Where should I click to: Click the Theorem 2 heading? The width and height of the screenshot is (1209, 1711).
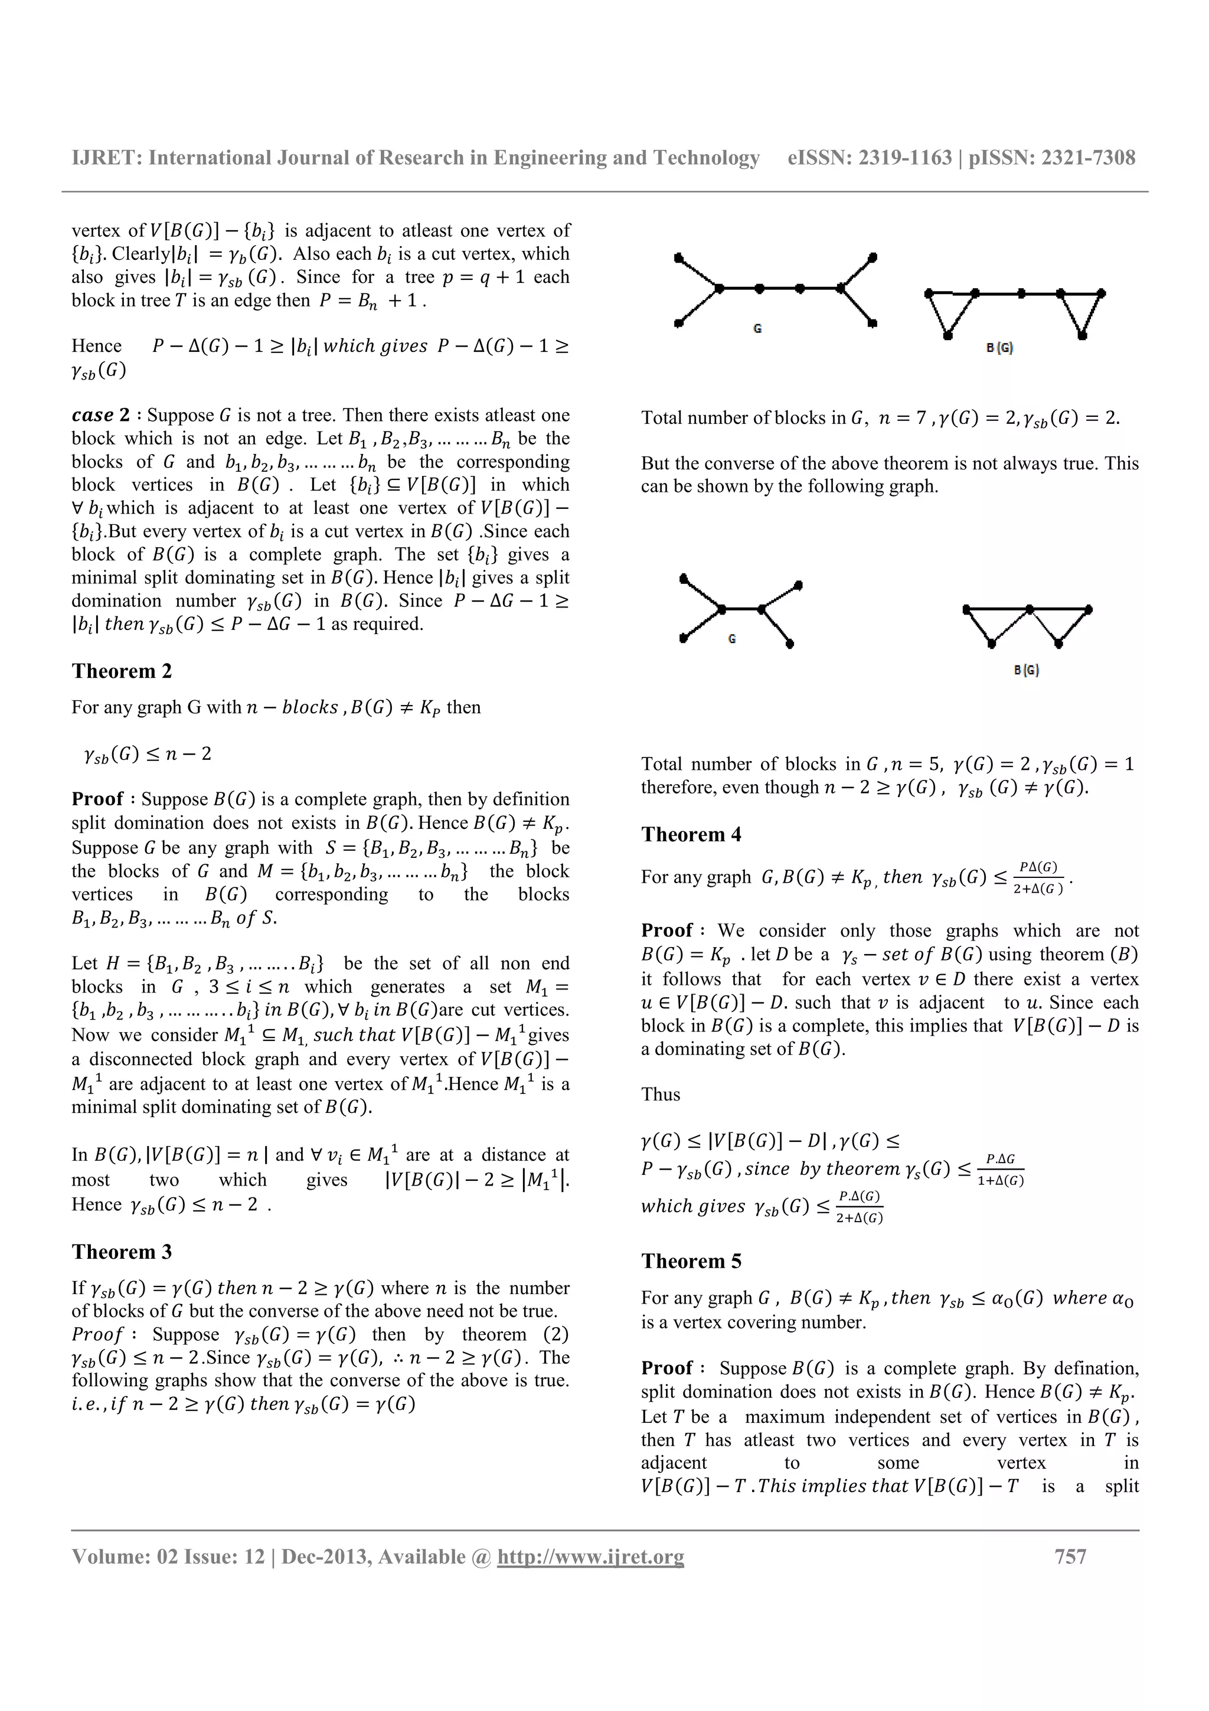pyautogui.click(x=122, y=671)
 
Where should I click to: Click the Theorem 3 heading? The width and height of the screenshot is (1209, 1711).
pyautogui.click(x=122, y=1251)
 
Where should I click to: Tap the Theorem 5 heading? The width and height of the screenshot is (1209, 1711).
pyautogui.click(x=691, y=1261)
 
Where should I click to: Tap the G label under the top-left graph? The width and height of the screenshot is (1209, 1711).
pyautogui.click(x=757, y=328)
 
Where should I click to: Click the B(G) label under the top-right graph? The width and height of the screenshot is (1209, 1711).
pyautogui.click(x=999, y=347)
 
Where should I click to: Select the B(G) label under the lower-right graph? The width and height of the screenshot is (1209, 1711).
pyautogui.click(x=1026, y=670)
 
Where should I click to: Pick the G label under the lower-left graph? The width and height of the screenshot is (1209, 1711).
pyautogui.click(x=732, y=639)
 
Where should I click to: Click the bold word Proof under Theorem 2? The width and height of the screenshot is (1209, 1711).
pyautogui.click(x=97, y=799)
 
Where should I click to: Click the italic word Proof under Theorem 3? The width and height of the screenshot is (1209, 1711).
pyautogui.click(x=97, y=1334)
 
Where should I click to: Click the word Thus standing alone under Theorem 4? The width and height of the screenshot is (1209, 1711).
pyautogui.click(x=661, y=1095)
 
